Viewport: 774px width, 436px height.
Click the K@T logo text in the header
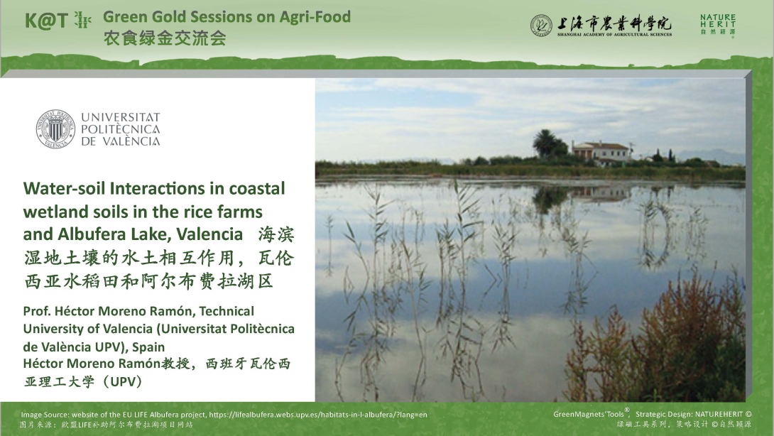pyautogui.click(x=48, y=21)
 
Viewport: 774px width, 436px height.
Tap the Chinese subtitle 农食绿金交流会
pyautogui.click(x=165, y=38)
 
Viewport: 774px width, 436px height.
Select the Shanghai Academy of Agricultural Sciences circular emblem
pyautogui.click(x=541, y=26)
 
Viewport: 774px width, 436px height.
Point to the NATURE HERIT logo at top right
pyautogui.click(x=717, y=25)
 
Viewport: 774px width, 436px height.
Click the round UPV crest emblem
pyautogui.click(x=55, y=129)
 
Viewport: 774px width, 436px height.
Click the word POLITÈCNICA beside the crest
pyautogui.click(x=120, y=129)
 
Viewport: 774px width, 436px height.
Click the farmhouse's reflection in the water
pyautogui.click(x=600, y=192)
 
